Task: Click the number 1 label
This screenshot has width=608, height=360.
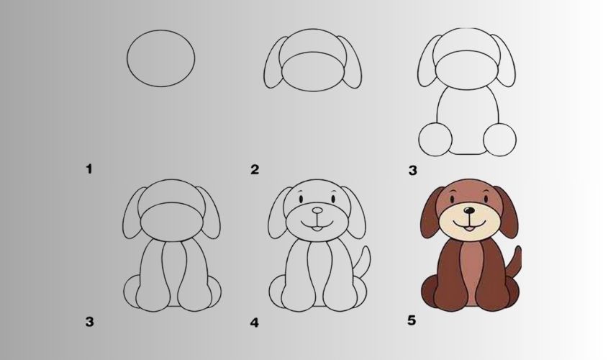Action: (x=89, y=169)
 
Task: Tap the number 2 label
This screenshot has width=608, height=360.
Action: (x=255, y=169)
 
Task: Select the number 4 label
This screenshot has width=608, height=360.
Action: (x=255, y=323)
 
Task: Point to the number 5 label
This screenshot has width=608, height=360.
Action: (x=412, y=320)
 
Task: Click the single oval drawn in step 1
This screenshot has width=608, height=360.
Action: (x=127, y=58)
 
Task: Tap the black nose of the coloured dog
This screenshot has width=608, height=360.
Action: (x=469, y=210)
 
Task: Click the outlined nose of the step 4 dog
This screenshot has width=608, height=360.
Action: (x=317, y=210)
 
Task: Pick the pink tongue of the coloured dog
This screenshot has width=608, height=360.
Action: (x=469, y=229)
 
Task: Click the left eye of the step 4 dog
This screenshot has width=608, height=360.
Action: (x=301, y=199)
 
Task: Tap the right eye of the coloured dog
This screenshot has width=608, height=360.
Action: (x=486, y=199)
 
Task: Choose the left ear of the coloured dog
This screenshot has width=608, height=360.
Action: (x=430, y=212)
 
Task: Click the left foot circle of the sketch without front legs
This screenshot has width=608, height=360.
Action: (x=435, y=140)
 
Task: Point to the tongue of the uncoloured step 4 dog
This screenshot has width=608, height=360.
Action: (x=317, y=229)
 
